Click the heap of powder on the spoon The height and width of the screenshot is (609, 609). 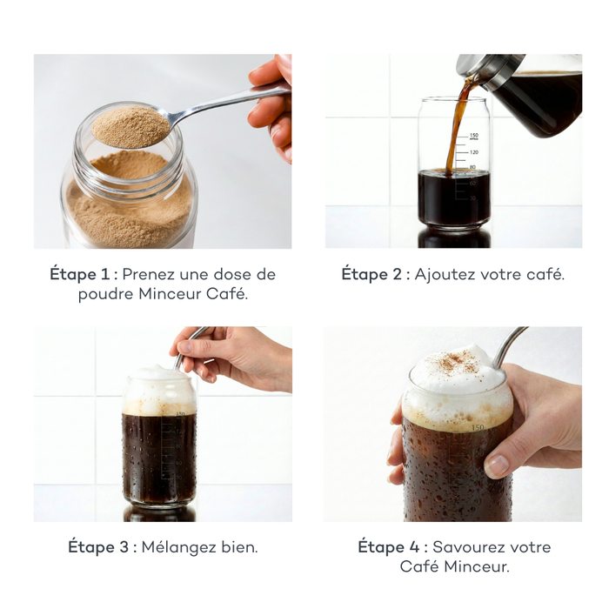pos(131,126)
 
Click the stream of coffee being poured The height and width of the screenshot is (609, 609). pos(457,130)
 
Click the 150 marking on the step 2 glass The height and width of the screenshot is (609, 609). pos(474,136)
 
